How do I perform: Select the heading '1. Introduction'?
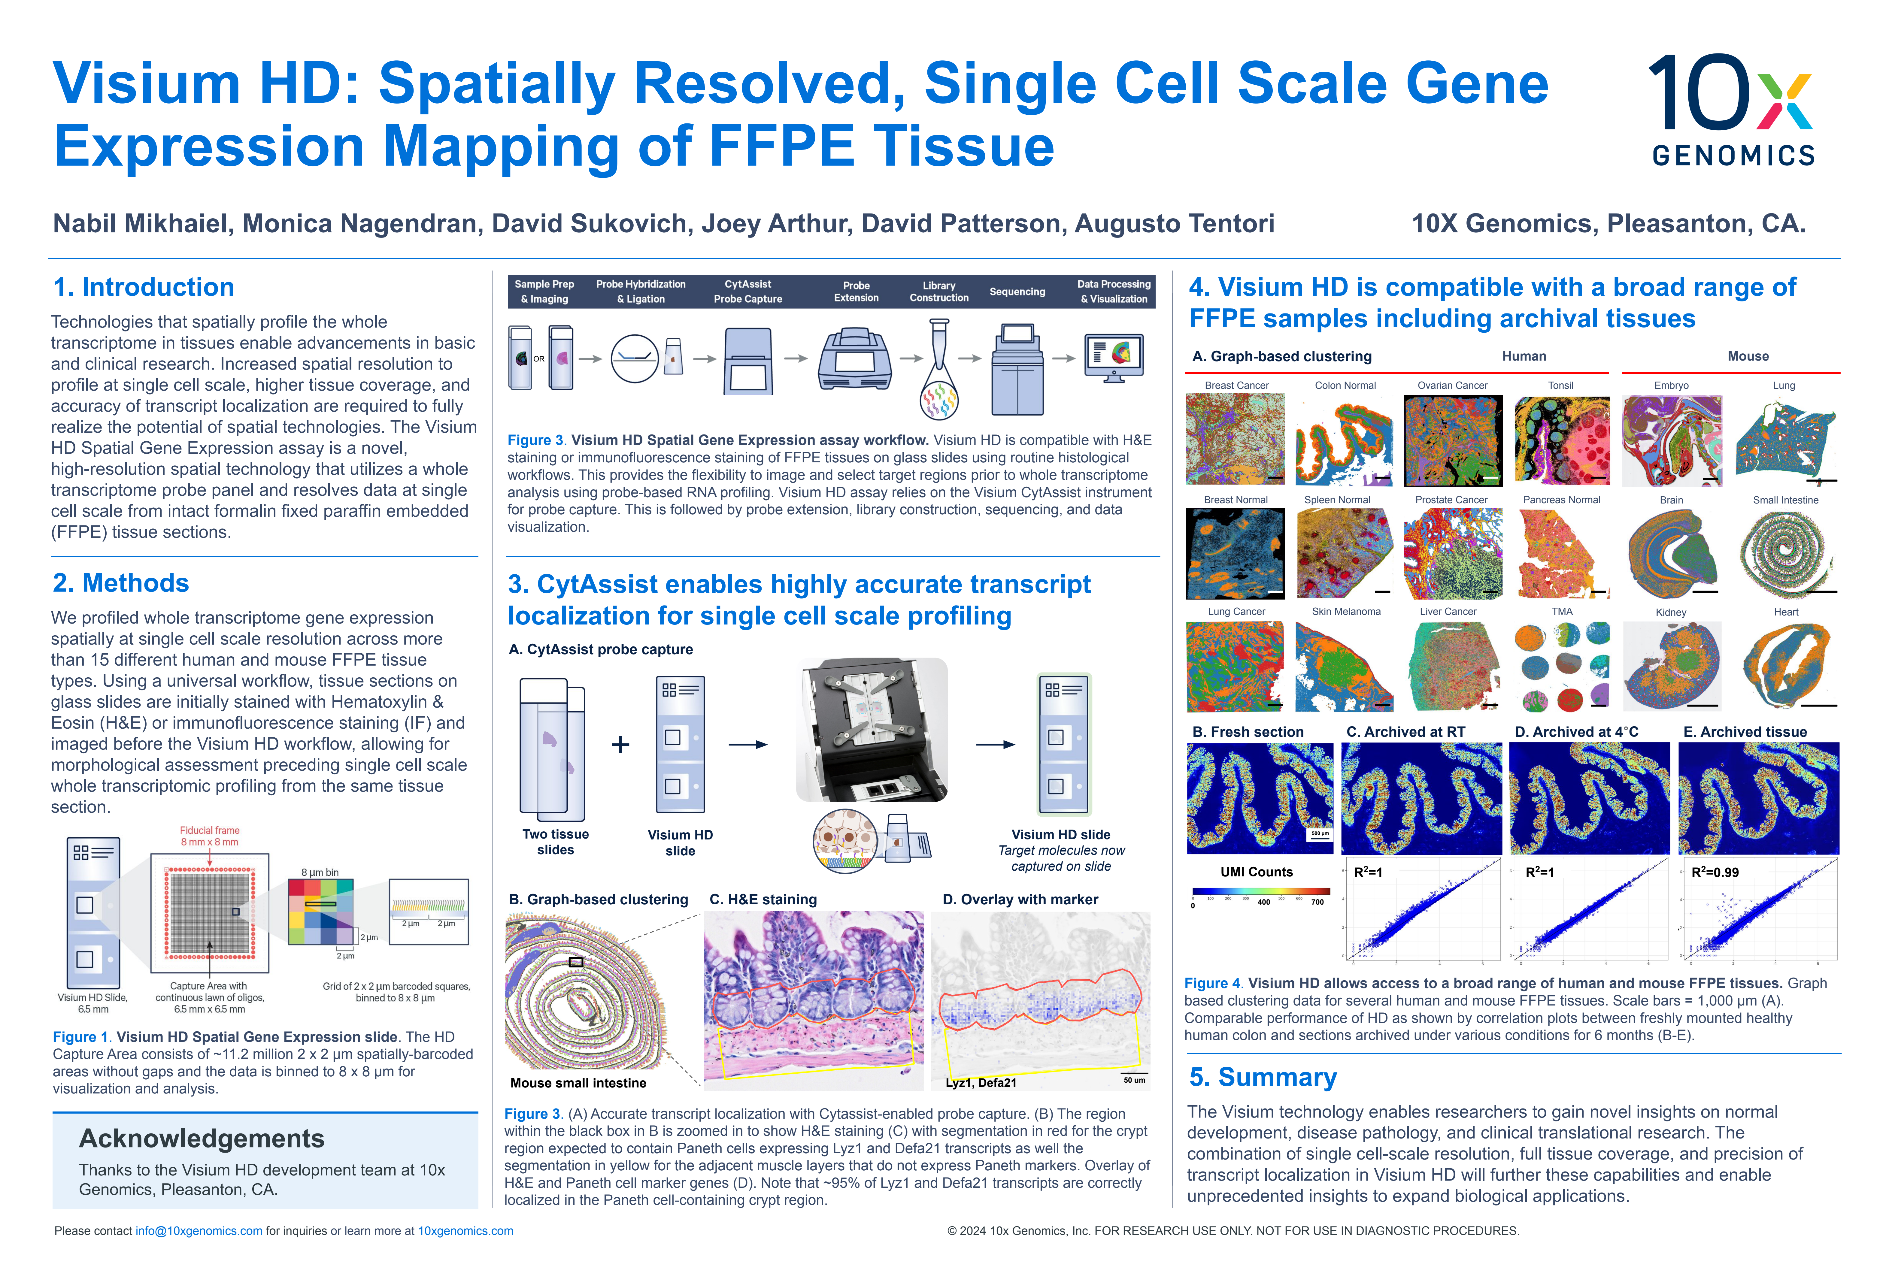[143, 287]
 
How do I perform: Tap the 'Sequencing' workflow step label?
[1017, 292]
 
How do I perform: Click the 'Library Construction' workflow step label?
[939, 292]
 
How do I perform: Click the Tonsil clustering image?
[1561, 441]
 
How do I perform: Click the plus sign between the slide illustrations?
[620, 745]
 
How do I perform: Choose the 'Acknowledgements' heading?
[201, 1139]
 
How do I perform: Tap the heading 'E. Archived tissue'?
[1745, 732]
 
